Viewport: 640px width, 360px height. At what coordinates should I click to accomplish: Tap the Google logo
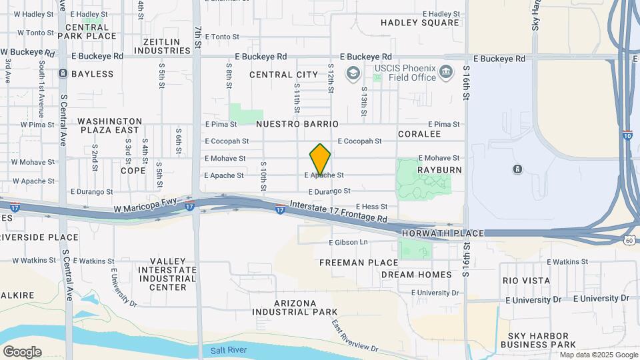(x=22, y=352)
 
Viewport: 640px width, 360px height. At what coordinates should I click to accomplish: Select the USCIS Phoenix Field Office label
(x=405, y=72)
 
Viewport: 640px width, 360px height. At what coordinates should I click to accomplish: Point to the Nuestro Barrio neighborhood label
(x=297, y=124)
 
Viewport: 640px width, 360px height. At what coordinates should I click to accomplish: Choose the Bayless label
(x=92, y=73)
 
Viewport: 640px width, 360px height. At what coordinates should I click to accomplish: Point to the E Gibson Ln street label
(x=349, y=241)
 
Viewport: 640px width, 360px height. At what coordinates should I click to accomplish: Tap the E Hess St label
(x=371, y=207)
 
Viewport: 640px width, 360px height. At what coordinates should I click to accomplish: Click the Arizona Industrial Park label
(x=295, y=307)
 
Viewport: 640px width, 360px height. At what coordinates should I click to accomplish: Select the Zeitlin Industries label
(x=162, y=46)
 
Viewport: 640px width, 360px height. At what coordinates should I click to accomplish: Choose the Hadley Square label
(x=420, y=23)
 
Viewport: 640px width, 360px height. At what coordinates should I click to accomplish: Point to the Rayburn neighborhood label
(x=439, y=170)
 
